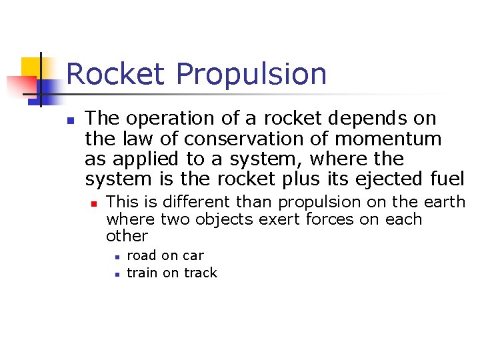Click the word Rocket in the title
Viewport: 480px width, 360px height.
115,74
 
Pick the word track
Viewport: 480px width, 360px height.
201,273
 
